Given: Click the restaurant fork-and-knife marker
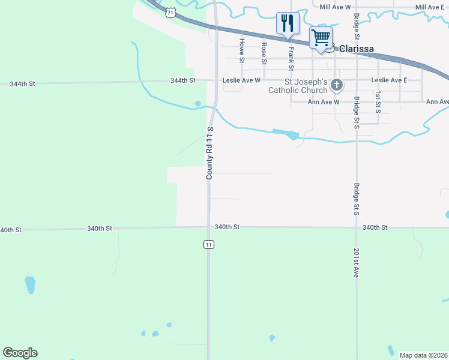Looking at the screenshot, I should (x=287, y=23).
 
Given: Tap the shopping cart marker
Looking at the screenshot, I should (x=321, y=38).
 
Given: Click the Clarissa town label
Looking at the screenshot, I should (x=357, y=49).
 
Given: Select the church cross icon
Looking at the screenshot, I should (x=336, y=85).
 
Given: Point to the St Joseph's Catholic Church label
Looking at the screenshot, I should (x=298, y=86).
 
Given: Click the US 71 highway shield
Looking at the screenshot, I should (x=172, y=12).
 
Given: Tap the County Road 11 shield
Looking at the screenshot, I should (x=208, y=244).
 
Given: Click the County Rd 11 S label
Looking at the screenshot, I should (x=210, y=153).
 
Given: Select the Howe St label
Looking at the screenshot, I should (x=242, y=51).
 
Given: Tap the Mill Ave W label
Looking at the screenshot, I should (x=335, y=7).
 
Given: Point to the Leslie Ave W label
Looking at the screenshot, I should (x=241, y=80).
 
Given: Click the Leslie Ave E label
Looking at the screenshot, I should (x=389, y=80).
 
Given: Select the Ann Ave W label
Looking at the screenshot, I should (x=324, y=102).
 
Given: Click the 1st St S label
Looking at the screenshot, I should (x=378, y=103).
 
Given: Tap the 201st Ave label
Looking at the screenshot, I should (x=356, y=262).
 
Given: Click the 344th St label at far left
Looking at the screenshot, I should (x=22, y=84).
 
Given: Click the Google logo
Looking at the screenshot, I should (x=20, y=353).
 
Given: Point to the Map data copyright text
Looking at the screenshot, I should (x=423, y=355).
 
